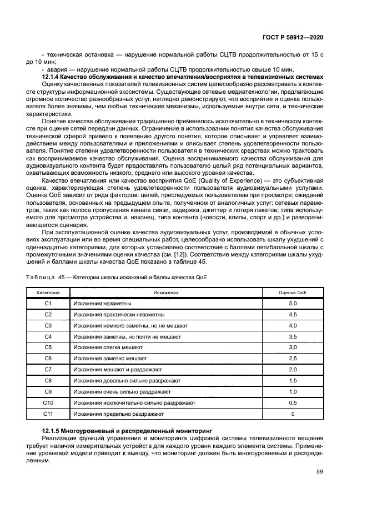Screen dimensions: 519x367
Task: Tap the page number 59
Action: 319,472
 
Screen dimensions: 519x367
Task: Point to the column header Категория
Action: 48,291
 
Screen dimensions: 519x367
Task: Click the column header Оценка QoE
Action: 293,291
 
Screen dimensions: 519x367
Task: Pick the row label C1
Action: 48,303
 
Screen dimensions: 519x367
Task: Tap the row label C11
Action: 48,414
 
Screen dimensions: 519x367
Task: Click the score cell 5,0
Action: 293,303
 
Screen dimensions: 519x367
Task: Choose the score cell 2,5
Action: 293,359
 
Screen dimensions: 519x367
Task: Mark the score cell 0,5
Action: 293,402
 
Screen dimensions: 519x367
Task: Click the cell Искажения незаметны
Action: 102,303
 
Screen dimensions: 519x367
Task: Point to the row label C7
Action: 48,370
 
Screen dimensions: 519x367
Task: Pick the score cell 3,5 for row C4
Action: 293,336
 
